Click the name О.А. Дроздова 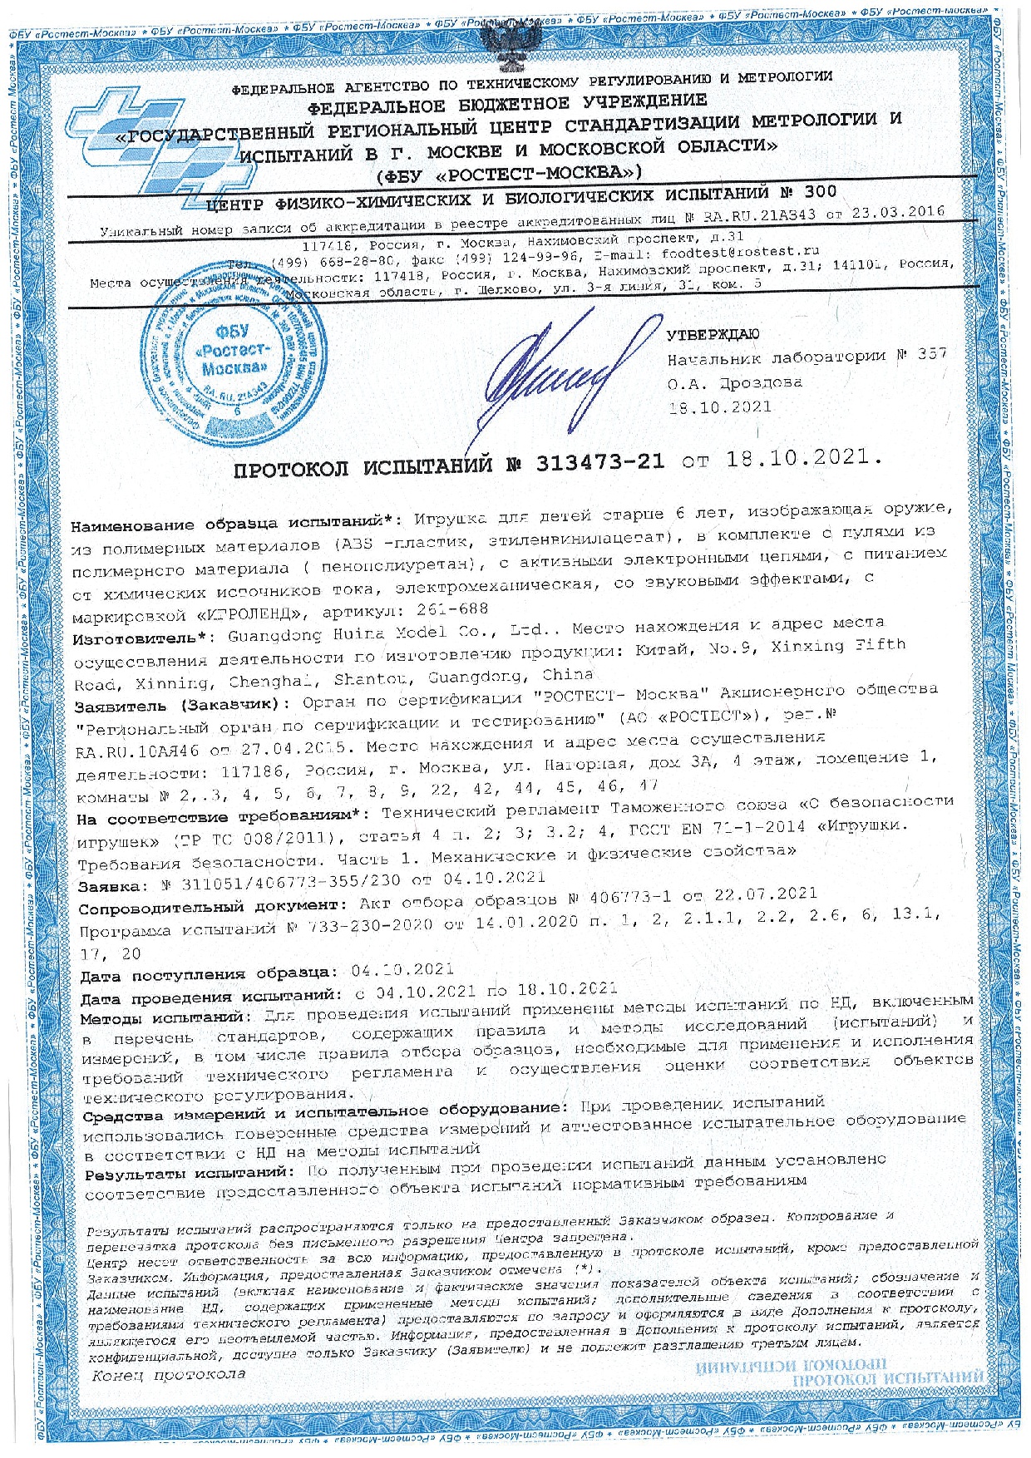pos(734,383)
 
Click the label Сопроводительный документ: pos(210,904)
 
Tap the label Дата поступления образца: pos(210,972)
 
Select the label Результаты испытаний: pos(187,1172)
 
